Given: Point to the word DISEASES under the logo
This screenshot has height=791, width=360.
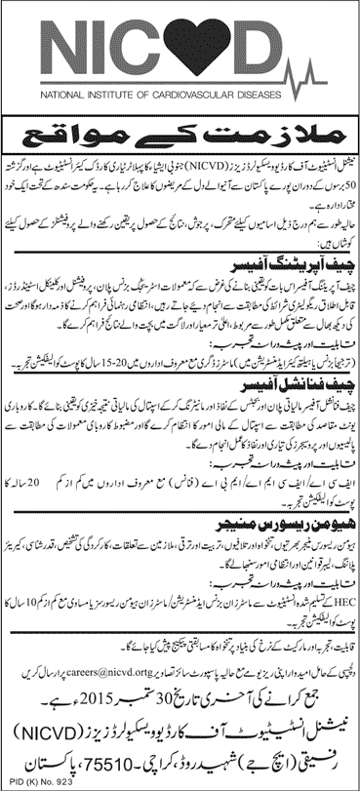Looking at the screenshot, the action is (301, 96).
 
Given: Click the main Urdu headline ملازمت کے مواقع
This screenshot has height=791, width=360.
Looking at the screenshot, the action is (180, 130).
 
